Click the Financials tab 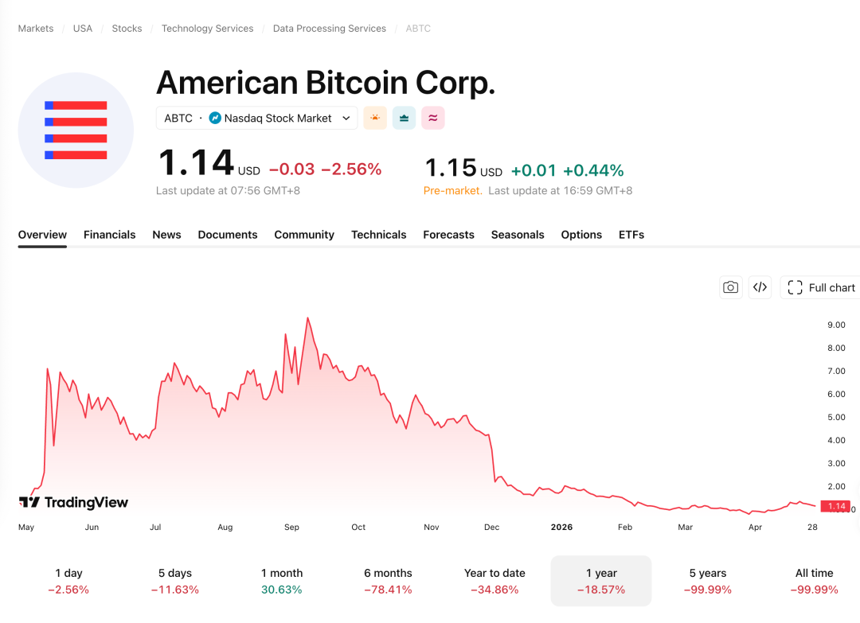109,235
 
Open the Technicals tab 378,235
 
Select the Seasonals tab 518,235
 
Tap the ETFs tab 631,235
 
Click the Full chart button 821,288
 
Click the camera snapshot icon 730,288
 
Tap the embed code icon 760,288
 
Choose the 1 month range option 282,581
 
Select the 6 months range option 388,581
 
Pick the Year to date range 494,581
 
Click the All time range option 814,581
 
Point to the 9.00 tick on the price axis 836,325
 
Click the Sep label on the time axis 291,527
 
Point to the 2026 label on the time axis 561,527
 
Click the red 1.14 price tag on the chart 836,506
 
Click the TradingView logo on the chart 73,502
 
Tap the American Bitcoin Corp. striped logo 76,130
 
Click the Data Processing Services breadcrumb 329,29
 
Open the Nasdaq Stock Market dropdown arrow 346,118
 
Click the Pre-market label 452,191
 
